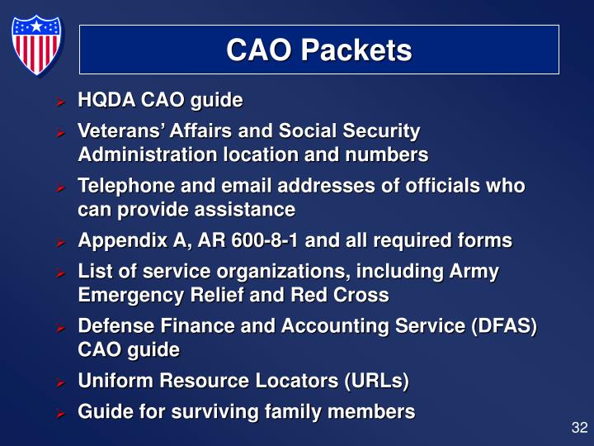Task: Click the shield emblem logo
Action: (36, 45)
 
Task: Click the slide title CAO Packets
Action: (318, 50)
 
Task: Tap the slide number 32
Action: (578, 428)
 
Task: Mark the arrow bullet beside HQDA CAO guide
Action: (60, 102)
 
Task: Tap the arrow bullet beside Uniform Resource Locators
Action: (60, 382)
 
